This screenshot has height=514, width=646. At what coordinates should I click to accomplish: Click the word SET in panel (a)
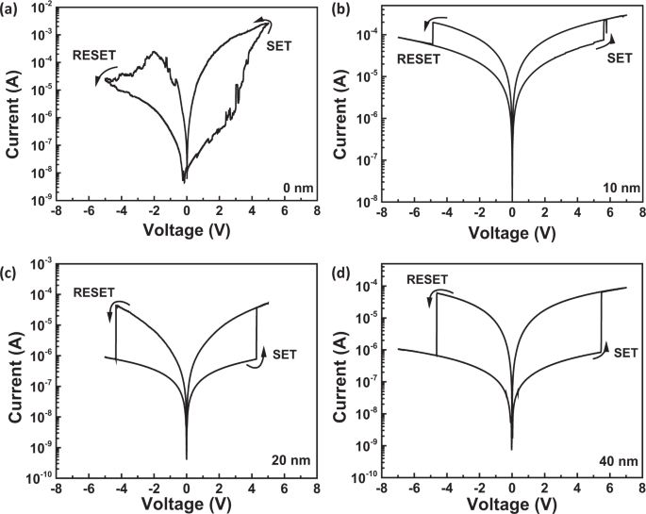click(280, 44)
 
